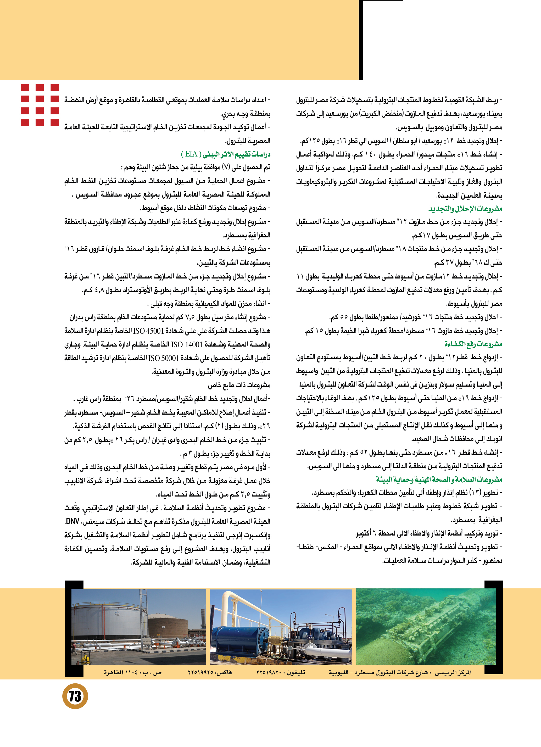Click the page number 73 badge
[75, 696]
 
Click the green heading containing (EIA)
[226, 154]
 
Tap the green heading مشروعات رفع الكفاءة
[473, 344]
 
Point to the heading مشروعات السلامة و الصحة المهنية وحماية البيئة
[439, 479]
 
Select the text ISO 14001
[186, 344]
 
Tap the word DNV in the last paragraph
[72, 521]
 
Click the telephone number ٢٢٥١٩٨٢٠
[269, 672]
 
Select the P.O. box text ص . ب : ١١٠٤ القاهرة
[133, 672]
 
